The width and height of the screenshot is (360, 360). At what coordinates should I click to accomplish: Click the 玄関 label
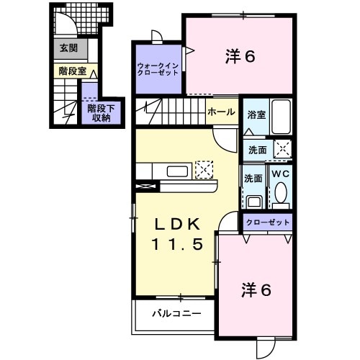(68, 48)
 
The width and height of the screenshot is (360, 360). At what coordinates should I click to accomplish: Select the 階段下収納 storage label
(99, 113)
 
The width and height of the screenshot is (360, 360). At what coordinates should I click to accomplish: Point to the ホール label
(220, 112)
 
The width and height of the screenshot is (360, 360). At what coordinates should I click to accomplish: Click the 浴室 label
(256, 114)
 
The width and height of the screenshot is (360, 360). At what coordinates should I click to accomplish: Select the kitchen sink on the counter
(177, 171)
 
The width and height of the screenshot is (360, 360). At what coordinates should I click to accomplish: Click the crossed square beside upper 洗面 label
(282, 150)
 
